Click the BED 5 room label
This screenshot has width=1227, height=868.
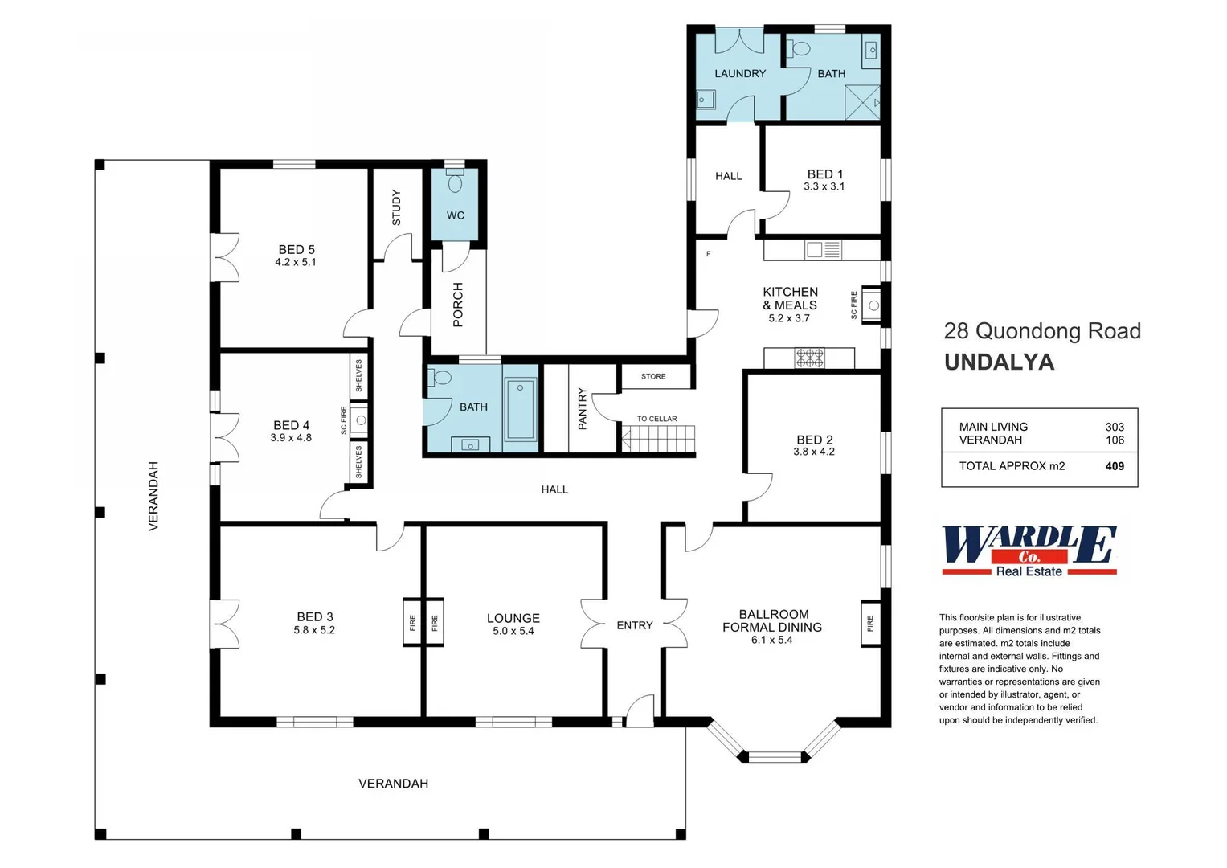[x=297, y=250]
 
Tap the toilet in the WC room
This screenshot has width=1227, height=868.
[x=455, y=180]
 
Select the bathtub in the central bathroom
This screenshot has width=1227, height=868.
[x=521, y=409]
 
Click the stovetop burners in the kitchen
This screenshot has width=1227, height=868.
[x=810, y=358]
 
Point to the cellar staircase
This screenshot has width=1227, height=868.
[x=658, y=440]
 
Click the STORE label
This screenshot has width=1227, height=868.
[x=653, y=376]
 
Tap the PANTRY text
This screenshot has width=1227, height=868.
[x=583, y=409]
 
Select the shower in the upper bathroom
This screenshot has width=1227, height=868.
[x=863, y=103]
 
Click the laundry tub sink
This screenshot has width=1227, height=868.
[x=706, y=100]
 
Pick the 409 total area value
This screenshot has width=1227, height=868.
[x=1115, y=466]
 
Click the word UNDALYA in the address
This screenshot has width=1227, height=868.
[x=999, y=362]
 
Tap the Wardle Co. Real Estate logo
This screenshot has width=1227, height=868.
[x=1029, y=551]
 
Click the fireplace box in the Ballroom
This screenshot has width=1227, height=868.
[x=870, y=624]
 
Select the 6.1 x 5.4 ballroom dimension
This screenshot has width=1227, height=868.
[x=772, y=640]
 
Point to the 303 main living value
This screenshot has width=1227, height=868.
[x=1115, y=427]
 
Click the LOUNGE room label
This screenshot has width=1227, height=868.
[x=513, y=618]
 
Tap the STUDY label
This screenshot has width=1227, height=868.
[x=397, y=207]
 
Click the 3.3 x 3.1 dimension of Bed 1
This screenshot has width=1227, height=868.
[x=824, y=186]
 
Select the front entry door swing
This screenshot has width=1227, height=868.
[x=640, y=710]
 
